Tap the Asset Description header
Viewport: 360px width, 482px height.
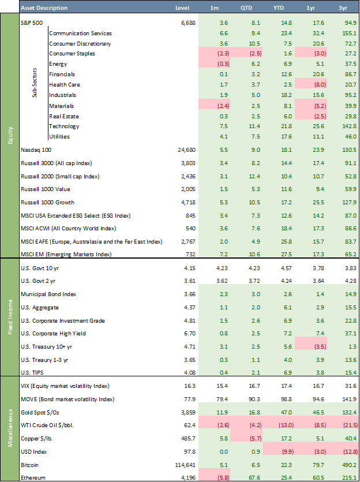coord(44,8)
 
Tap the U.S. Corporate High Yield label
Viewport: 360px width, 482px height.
coord(55,333)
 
